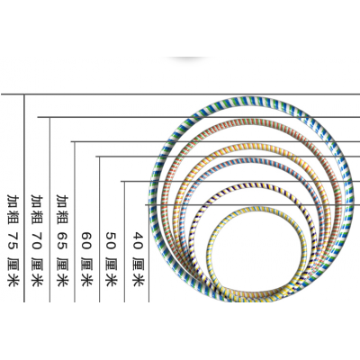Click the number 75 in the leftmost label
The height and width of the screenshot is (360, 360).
tap(13, 240)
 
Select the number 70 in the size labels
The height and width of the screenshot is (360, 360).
tap(38, 240)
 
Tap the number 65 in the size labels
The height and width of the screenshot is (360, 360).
tap(62, 240)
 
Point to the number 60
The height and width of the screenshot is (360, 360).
tap(87, 240)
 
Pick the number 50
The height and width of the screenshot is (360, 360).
tap(112, 240)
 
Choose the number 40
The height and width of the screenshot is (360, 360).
tap(139, 240)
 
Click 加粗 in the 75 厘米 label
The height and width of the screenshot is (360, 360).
tap(13, 209)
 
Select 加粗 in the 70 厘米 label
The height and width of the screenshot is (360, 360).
tap(38, 209)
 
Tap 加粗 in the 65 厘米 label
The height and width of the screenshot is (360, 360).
tap(62, 209)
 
